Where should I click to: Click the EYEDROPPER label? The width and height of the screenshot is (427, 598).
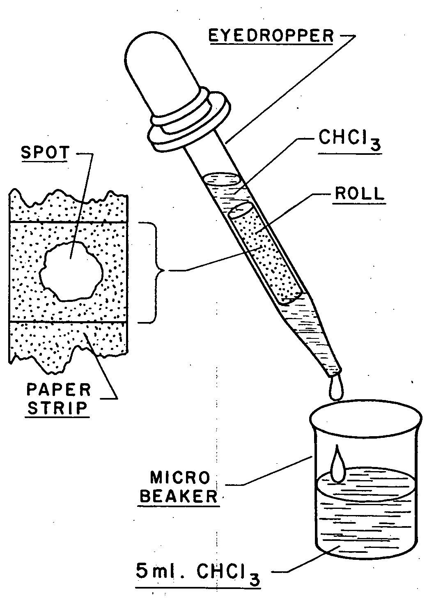[x=271, y=35]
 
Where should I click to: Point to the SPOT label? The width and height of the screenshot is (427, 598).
[x=45, y=153]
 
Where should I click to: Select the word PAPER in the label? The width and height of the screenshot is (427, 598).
[x=58, y=390]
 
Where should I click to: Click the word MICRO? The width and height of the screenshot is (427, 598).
[x=180, y=478]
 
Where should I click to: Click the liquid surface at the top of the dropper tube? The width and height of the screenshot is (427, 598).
[x=222, y=180]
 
